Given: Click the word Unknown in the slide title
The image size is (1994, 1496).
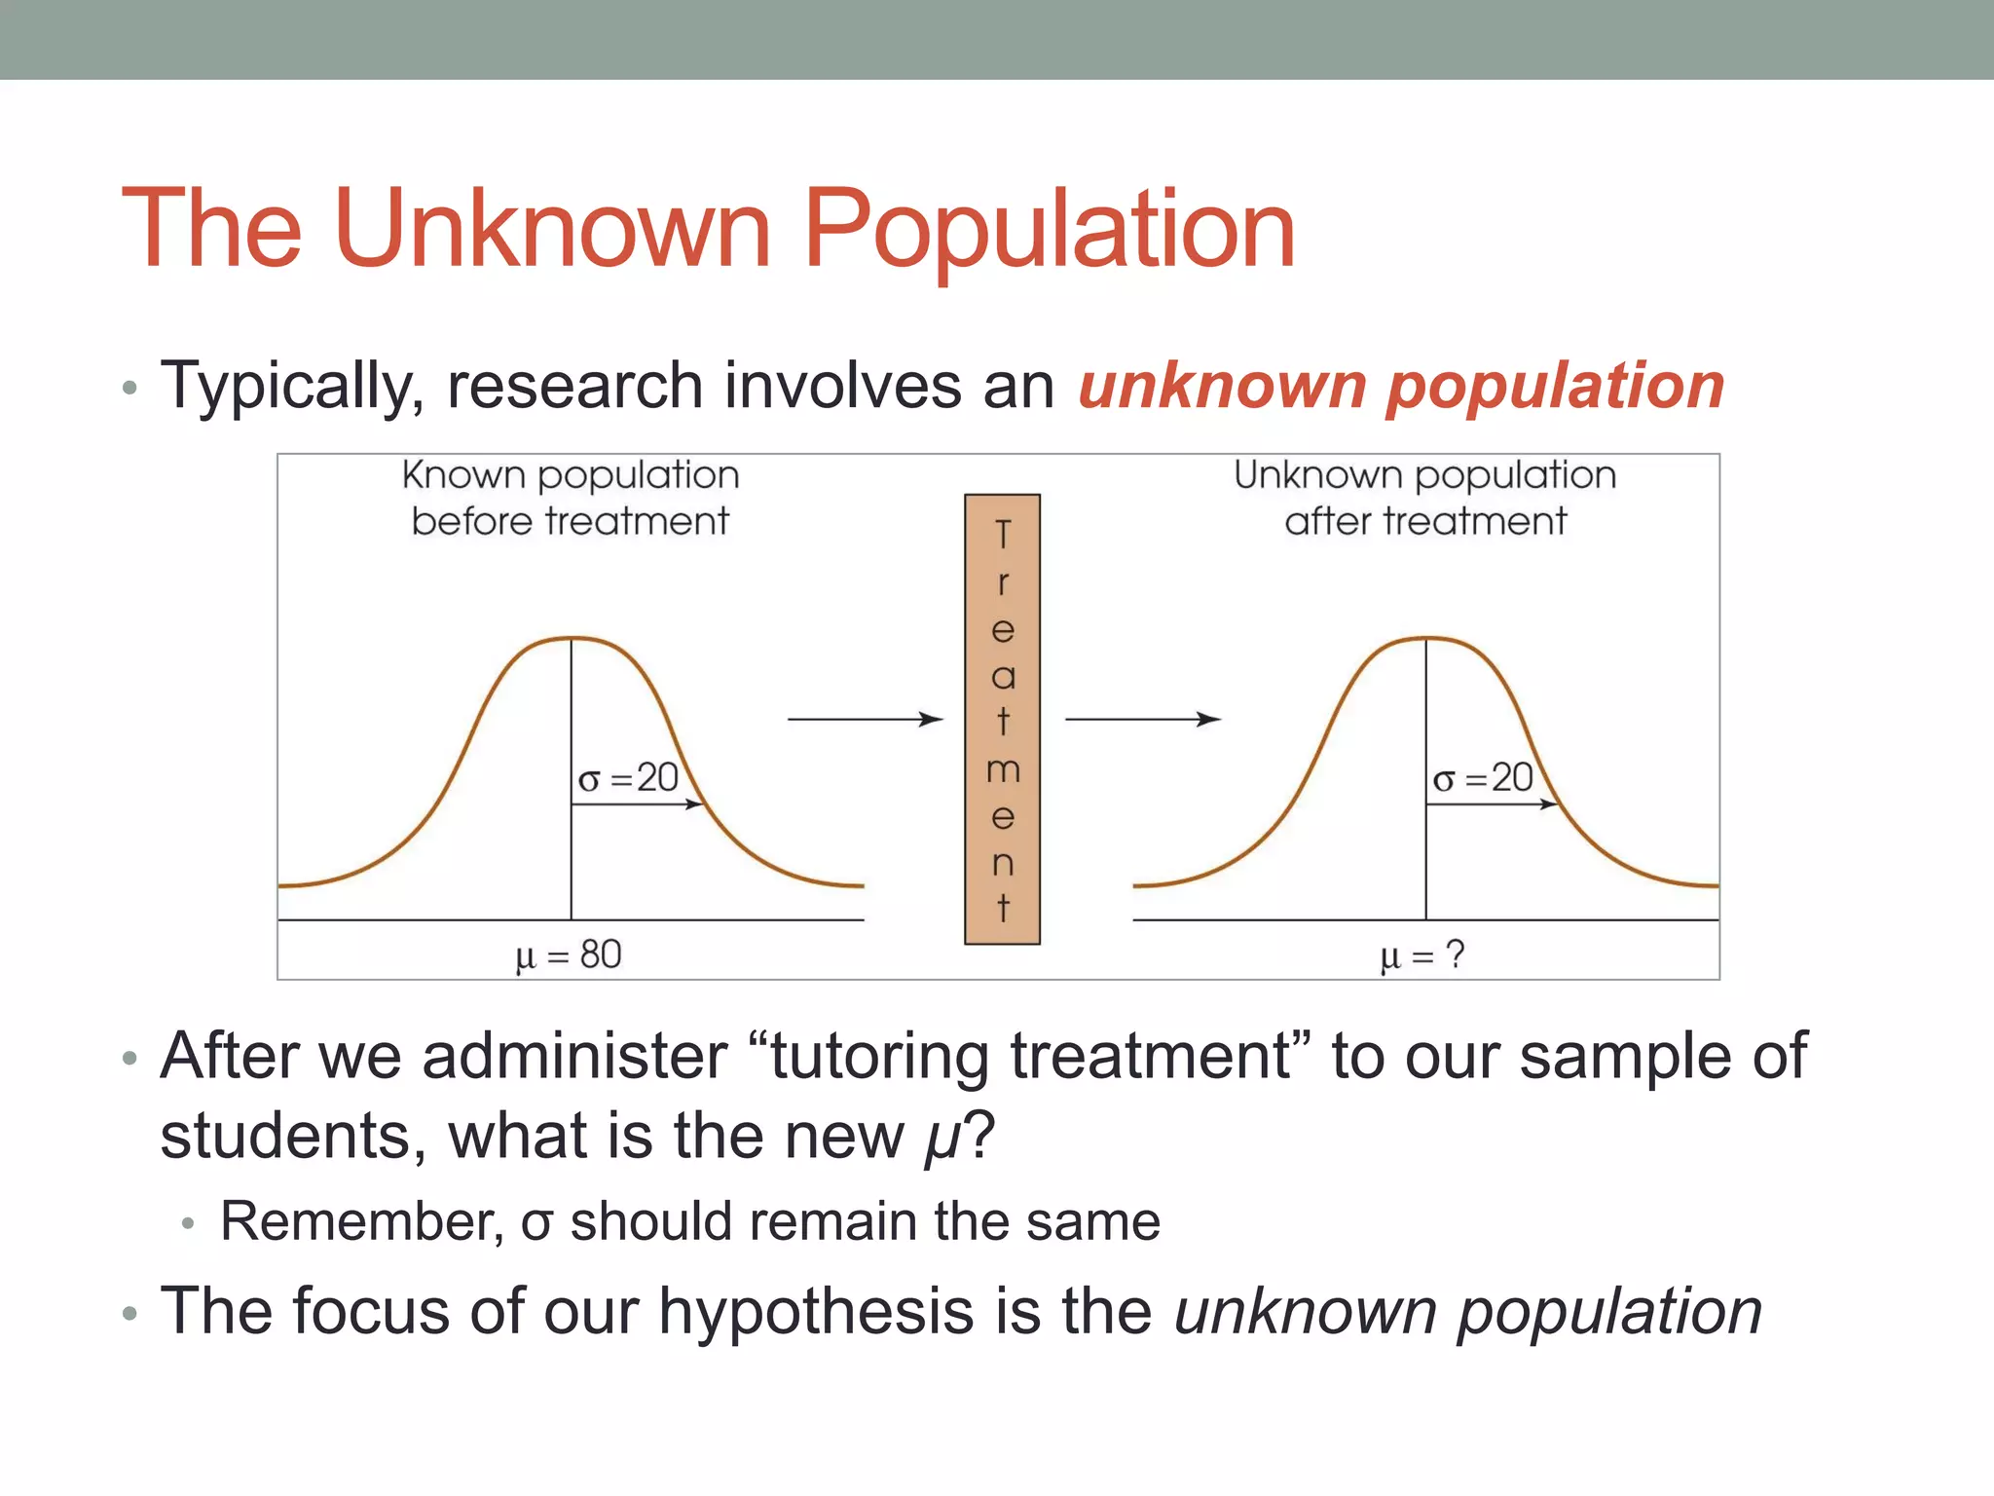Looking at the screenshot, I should coord(552,230).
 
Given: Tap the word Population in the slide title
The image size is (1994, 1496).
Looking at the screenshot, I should coord(1049,230).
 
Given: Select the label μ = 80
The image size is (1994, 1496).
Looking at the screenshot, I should coord(569,954).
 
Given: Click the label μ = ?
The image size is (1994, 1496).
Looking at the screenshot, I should coord(1422,954).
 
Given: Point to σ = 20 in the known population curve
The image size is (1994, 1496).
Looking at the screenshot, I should coord(628,778).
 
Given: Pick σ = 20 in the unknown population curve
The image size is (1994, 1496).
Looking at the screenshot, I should coord(1483,778).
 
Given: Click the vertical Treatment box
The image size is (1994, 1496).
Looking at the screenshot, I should coord(1002,719).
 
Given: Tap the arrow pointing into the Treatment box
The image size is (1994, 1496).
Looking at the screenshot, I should coord(865,719).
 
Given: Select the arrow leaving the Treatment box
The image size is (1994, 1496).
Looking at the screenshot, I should coord(1142,719).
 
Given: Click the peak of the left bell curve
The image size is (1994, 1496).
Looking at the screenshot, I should coord(572,638).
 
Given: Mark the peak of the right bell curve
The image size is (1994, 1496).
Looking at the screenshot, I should coord(1426,638).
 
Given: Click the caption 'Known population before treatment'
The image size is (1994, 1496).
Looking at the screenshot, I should coord(571,498).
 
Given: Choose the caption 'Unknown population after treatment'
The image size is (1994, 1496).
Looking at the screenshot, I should coord(1424,498).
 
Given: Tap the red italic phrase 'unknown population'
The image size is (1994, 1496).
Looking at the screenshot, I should coord(1401,387).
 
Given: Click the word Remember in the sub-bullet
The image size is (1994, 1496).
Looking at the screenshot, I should coord(361,1221).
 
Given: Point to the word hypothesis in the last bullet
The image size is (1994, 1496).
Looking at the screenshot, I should coord(816,1311).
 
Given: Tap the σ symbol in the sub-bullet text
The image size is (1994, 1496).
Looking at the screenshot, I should coord(536,1223).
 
